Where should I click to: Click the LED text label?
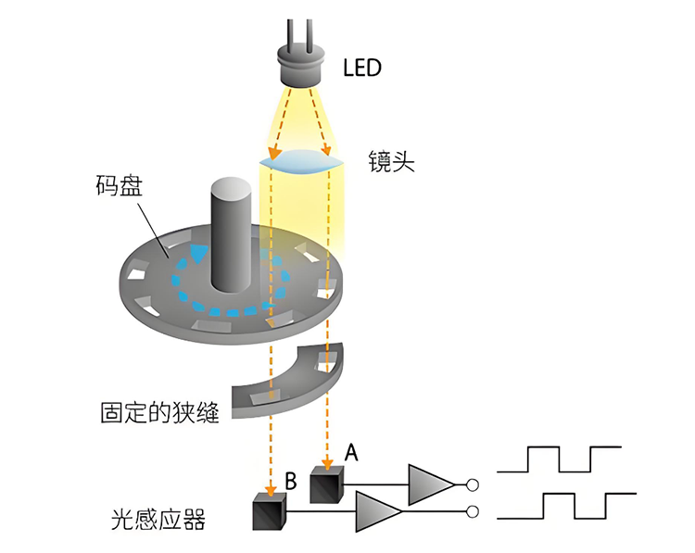362,67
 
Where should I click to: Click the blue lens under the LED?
302,162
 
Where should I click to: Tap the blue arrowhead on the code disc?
198,252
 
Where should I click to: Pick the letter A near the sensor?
351,453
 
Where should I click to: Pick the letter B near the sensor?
290,482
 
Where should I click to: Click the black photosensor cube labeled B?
270,511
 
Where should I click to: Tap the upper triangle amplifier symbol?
430,483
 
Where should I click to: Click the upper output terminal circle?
473,484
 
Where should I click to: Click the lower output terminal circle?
473,511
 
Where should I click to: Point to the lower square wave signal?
575,506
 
